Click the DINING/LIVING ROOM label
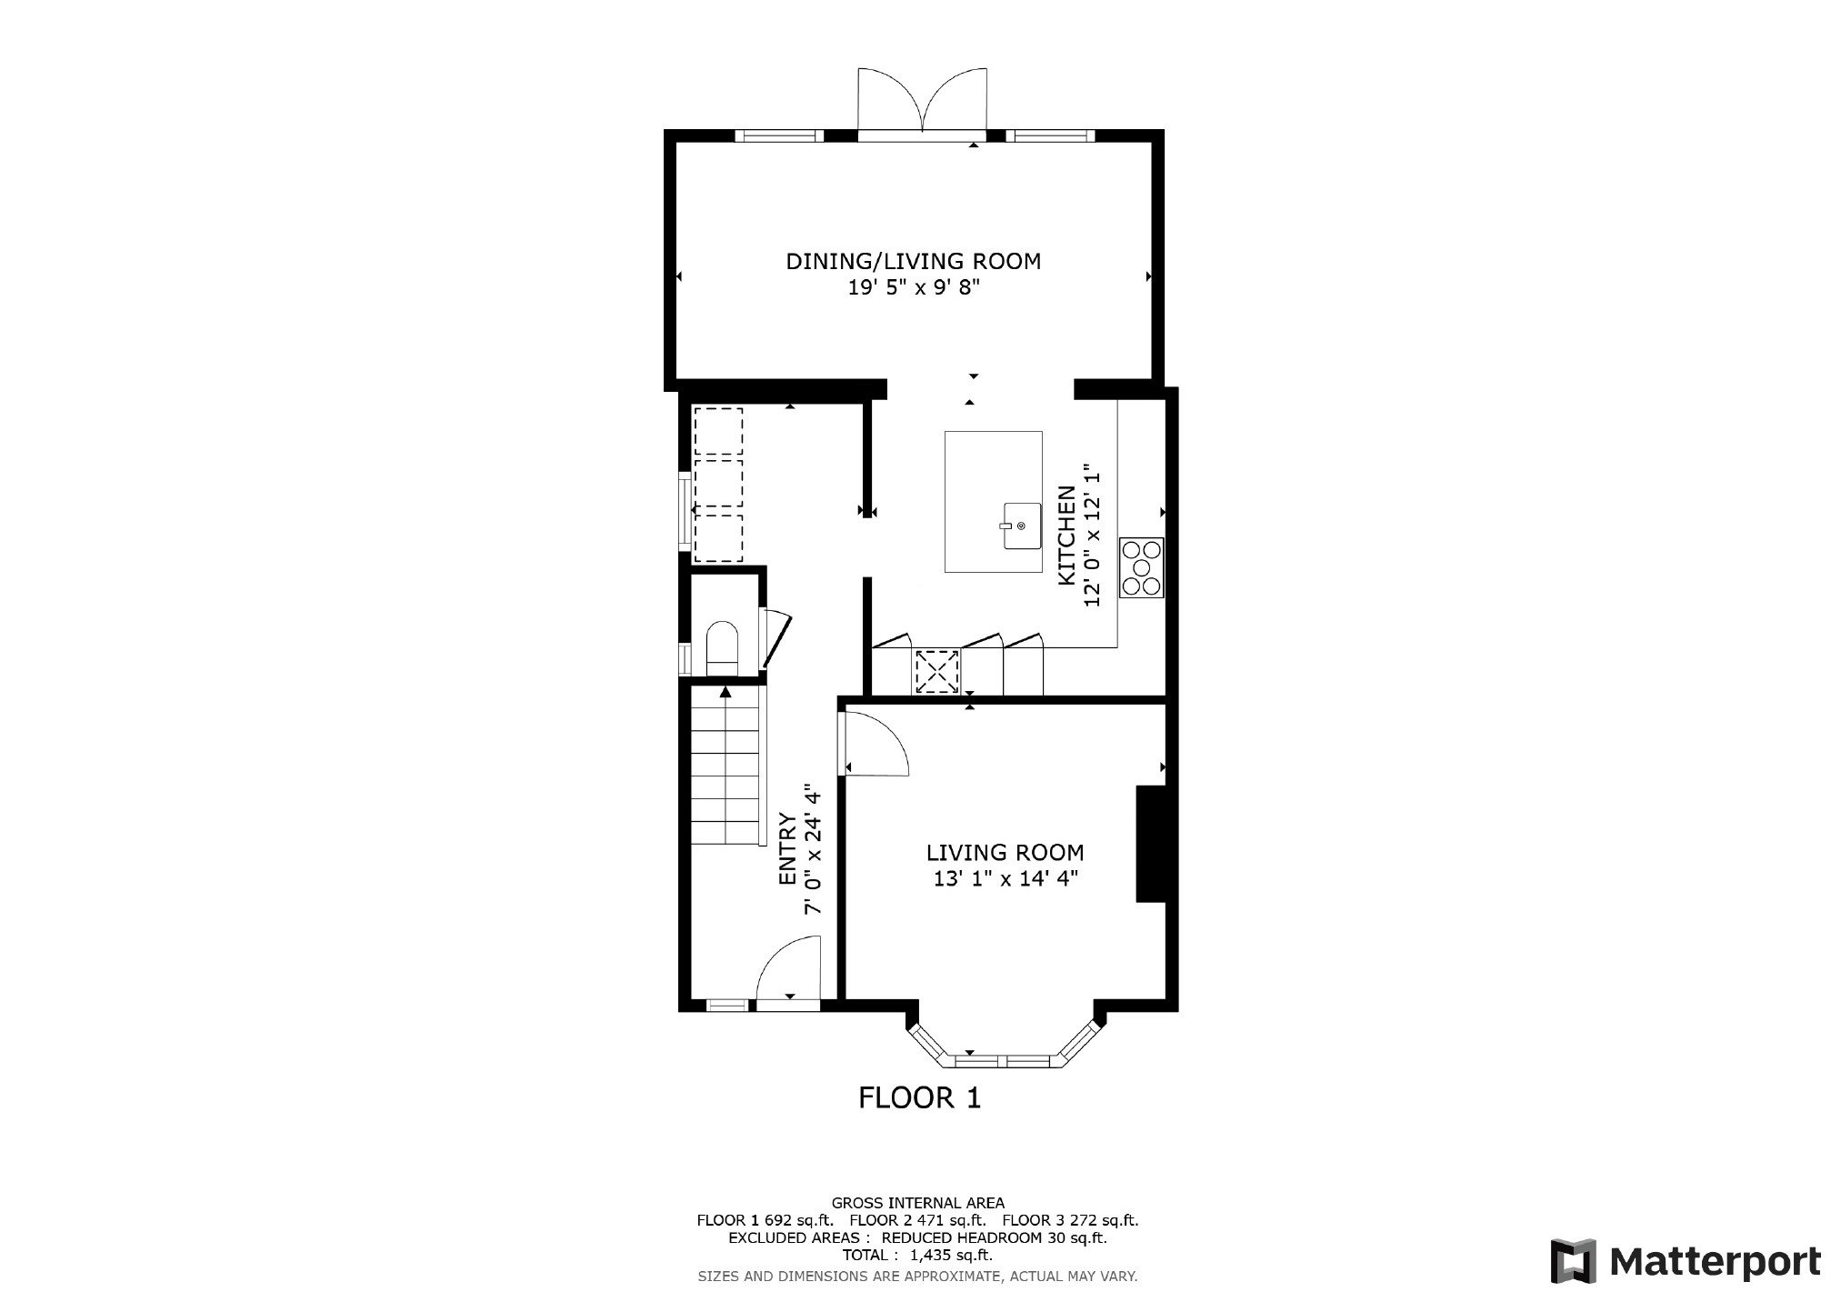(913, 261)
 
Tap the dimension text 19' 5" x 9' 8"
(913, 288)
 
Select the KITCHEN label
(1066, 536)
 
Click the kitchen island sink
(1019, 526)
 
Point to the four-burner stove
(1141, 567)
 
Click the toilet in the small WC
(723, 647)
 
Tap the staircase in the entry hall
(726, 765)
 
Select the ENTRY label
(787, 849)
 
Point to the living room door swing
(875, 744)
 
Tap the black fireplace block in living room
(1151, 845)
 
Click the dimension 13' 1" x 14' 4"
(1005, 878)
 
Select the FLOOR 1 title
(920, 1098)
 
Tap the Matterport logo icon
(1574, 1261)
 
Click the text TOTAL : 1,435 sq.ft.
(916, 1255)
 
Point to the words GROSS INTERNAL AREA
(918, 1203)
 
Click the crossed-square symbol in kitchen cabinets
(936, 672)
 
